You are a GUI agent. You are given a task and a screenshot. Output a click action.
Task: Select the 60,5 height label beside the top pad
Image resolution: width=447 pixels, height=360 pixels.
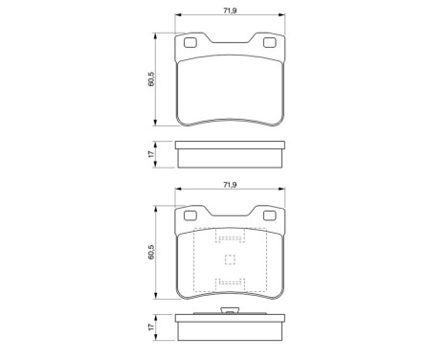click(151, 79)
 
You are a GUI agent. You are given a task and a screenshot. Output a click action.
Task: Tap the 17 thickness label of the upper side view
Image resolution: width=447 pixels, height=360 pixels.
click(151, 152)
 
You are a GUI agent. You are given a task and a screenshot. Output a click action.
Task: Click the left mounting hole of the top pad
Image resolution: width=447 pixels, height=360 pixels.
click(190, 41)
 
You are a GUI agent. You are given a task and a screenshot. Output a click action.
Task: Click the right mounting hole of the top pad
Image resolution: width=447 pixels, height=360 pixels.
click(269, 41)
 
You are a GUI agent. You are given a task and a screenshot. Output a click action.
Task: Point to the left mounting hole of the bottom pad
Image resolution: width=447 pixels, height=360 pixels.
click(190, 216)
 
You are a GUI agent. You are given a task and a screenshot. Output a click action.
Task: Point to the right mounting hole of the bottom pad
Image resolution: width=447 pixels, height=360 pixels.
click(269, 216)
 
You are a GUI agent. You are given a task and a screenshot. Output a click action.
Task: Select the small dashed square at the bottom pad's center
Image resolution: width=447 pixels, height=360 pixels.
click(230, 259)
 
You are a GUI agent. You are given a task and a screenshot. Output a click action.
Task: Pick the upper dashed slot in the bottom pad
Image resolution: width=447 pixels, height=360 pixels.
click(230, 239)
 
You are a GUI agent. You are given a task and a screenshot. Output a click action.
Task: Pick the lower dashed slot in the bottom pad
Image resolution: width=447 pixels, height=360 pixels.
click(230, 281)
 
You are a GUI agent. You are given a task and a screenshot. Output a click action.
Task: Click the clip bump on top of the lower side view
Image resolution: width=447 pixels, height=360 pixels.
click(230, 310)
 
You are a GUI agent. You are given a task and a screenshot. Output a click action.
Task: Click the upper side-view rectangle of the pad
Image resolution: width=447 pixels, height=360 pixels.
click(230, 152)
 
